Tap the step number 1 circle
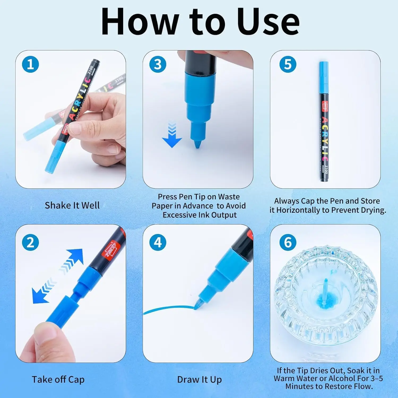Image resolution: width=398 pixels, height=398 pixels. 31,64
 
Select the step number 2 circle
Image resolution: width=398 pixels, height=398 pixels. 31,243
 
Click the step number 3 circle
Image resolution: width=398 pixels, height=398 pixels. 158,64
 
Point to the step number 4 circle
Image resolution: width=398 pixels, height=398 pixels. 158,243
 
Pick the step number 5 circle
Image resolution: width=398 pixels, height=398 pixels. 288,64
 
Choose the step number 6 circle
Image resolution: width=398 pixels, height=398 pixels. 288,243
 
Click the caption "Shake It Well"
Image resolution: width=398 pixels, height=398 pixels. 72,205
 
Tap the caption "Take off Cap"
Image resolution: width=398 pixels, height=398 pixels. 58,379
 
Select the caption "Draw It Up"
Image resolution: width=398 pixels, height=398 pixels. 200,379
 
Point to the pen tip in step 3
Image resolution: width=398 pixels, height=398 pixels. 197,145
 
